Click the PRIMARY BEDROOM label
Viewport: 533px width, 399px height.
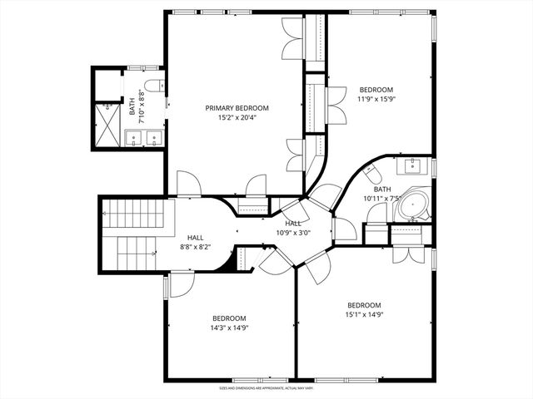click(237, 108)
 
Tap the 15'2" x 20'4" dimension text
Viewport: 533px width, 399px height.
click(237, 118)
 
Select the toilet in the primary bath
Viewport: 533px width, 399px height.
click(152, 86)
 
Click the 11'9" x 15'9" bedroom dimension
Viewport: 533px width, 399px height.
click(376, 100)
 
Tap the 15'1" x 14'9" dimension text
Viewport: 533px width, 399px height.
click(364, 314)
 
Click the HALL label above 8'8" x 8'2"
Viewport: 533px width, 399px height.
click(196, 238)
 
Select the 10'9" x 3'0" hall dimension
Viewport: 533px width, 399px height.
click(293, 233)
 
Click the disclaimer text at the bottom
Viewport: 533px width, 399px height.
click(266, 387)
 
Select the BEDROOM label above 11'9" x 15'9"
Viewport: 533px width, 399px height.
click(376, 90)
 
